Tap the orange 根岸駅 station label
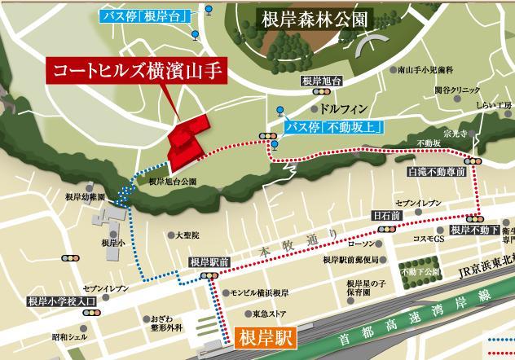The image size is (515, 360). (x=264, y=335)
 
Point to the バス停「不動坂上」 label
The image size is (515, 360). (x=334, y=126)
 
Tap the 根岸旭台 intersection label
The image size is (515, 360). (x=319, y=81)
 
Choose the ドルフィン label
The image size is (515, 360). (x=340, y=107)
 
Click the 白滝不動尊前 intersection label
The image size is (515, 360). (x=436, y=173)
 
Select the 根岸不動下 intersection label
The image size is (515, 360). (x=473, y=230)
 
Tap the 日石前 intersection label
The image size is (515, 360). (x=386, y=216)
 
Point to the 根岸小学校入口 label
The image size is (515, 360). (x=62, y=301)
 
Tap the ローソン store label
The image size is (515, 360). (x=360, y=244)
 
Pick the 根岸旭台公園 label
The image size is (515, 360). (x=172, y=182)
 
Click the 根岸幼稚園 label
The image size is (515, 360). (x=85, y=197)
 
